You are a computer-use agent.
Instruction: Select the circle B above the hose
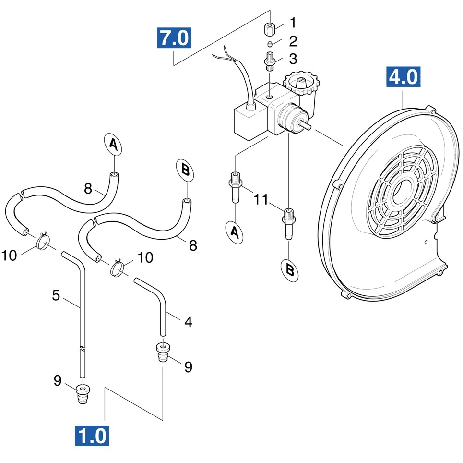coord(186,170)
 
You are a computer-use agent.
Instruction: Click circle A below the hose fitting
coord(235,232)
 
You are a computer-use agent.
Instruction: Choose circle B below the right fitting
coord(289,269)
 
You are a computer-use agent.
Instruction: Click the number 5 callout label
coord(56,295)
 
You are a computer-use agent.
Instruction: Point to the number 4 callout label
coord(188,322)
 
